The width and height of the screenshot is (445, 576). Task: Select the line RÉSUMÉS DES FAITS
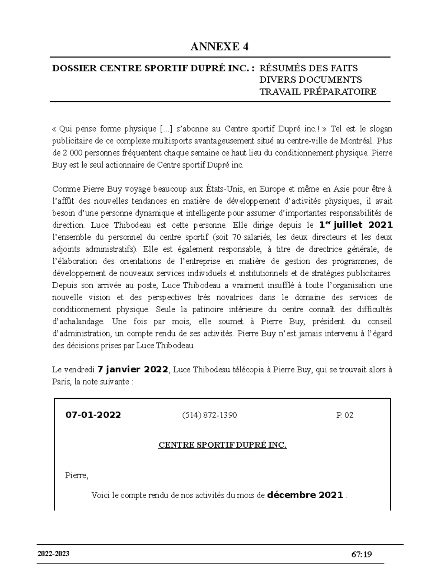coord(308,68)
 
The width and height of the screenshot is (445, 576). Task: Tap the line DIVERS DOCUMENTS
coord(310,80)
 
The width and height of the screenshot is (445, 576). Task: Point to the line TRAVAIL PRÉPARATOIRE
coord(317,92)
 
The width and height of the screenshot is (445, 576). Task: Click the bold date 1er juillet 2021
coord(356,225)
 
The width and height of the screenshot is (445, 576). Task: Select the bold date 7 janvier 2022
coord(133,369)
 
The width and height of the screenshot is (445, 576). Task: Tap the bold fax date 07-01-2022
coord(93,415)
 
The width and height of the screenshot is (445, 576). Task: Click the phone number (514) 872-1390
coord(209,415)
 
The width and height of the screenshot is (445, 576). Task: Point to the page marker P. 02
coord(345,415)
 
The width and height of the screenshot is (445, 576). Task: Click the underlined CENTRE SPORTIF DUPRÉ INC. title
coord(222,445)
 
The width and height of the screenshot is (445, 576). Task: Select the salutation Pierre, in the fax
coord(77,475)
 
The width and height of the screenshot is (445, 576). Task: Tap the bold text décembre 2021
coord(305,495)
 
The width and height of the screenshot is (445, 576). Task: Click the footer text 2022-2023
coord(53,554)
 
